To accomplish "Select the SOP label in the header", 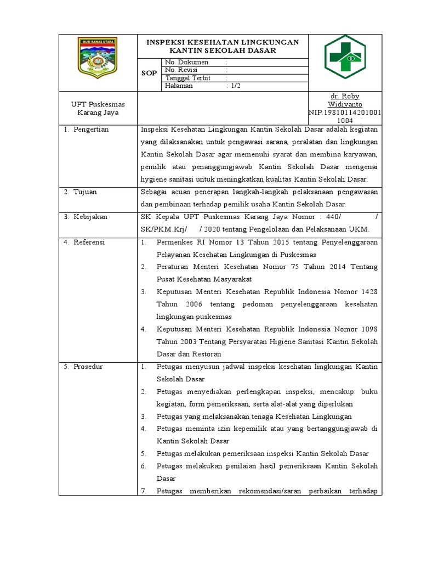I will (x=149, y=73).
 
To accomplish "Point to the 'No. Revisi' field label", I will (x=181, y=70).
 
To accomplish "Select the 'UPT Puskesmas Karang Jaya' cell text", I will (x=98, y=108).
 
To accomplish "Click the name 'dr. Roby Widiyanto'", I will (x=346, y=100).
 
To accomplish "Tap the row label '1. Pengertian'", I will (x=87, y=130).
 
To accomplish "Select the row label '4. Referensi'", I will (x=86, y=242).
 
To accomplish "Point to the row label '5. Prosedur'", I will (x=85, y=367).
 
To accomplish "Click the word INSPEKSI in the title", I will (x=164, y=42).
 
